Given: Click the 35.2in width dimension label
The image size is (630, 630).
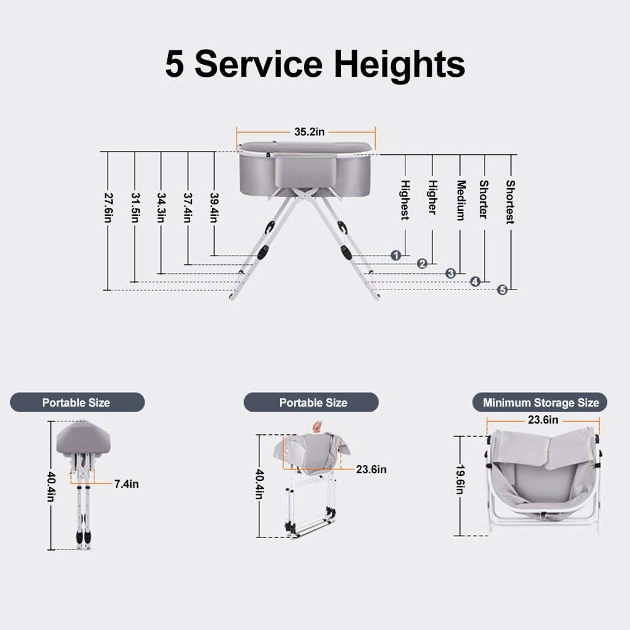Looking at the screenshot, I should pyautogui.click(x=310, y=132).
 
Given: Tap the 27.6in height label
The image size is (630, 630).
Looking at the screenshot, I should pyautogui.click(x=108, y=207).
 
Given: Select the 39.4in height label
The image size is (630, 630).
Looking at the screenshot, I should pyautogui.click(x=214, y=207).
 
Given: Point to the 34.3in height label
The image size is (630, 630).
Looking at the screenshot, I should pyautogui.click(x=161, y=207).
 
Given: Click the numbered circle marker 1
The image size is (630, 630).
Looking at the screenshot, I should pyautogui.click(x=396, y=255).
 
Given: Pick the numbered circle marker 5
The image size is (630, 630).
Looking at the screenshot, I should pyautogui.click(x=502, y=290).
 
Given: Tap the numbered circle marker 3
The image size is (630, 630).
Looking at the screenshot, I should pyautogui.click(x=451, y=273).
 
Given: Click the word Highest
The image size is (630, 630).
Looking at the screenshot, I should pyautogui.click(x=405, y=200).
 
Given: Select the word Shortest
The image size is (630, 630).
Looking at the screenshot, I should pyautogui.click(x=510, y=202).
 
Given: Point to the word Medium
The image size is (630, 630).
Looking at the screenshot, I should pyautogui.click(x=460, y=200).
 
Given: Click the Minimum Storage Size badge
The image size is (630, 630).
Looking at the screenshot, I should pyautogui.click(x=541, y=402).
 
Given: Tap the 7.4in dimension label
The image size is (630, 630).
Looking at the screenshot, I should pyautogui.click(x=127, y=483).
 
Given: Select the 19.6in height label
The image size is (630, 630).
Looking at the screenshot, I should pyautogui.click(x=460, y=480).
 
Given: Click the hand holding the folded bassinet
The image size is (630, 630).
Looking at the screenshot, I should pyautogui.click(x=316, y=428).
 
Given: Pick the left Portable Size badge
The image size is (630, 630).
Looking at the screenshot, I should pyautogui.click(x=76, y=402).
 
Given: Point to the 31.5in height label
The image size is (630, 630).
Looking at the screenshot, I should pyautogui.click(x=135, y=207).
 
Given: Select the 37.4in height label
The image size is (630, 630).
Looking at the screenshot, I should pyautogui.click(x=188, y=207).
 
